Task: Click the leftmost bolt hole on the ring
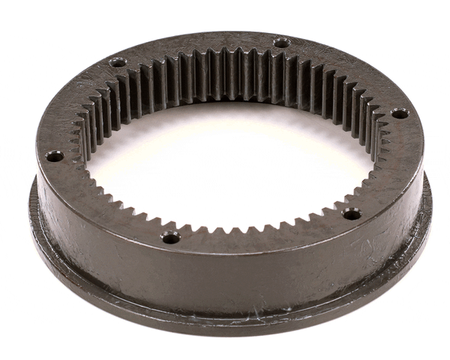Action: coord(54,157)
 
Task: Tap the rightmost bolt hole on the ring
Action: coord(399,114)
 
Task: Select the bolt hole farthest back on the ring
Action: coord(281,43)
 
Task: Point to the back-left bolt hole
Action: coord(117,63)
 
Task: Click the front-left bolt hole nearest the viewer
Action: coord(170,238)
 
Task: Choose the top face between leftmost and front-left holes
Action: coord(97,206)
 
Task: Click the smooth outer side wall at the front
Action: coord(225,277)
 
